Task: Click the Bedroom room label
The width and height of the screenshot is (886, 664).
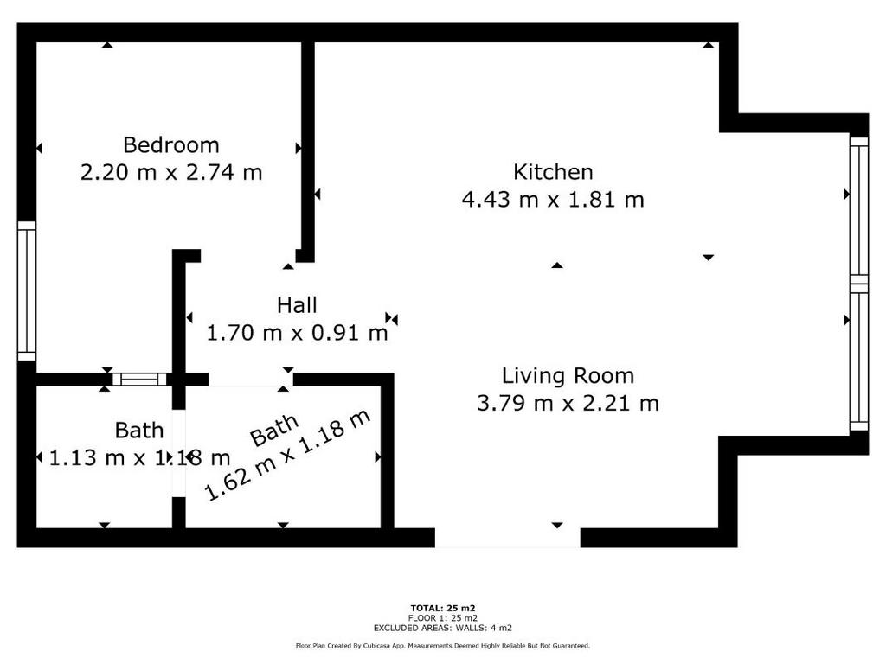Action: (x=171, y=145)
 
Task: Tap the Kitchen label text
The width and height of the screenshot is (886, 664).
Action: (x=553, y=172)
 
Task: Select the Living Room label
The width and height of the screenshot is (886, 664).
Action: (x=568, y=376)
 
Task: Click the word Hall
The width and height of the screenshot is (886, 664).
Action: (x=297, y=305)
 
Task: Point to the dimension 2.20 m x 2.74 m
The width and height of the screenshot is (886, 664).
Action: (x=171, y=173)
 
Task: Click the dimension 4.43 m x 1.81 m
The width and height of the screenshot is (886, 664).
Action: (x=553, y=200)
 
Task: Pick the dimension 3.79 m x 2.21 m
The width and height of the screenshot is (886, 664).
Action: (x=568, y=404)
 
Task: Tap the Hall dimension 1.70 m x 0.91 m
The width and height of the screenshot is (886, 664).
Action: (x=297, y=333)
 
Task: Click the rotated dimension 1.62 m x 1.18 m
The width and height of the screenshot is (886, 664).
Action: (x=287, y=455)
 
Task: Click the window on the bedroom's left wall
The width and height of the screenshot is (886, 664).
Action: (x=27, y=291)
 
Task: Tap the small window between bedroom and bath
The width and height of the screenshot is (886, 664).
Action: (x=139, y=380)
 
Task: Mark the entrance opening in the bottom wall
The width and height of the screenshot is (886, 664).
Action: (x=507, y=538)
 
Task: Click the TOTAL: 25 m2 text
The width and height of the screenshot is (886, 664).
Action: (x=443, y=608)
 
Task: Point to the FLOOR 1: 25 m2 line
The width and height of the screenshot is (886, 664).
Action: (x=443, y=618)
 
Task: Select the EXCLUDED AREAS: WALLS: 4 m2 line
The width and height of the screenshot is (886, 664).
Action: (x=443, y=628)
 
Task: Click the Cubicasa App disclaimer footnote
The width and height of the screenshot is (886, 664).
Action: (x=443, y=646)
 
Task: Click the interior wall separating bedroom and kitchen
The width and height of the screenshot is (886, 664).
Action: (x=307, y=151)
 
